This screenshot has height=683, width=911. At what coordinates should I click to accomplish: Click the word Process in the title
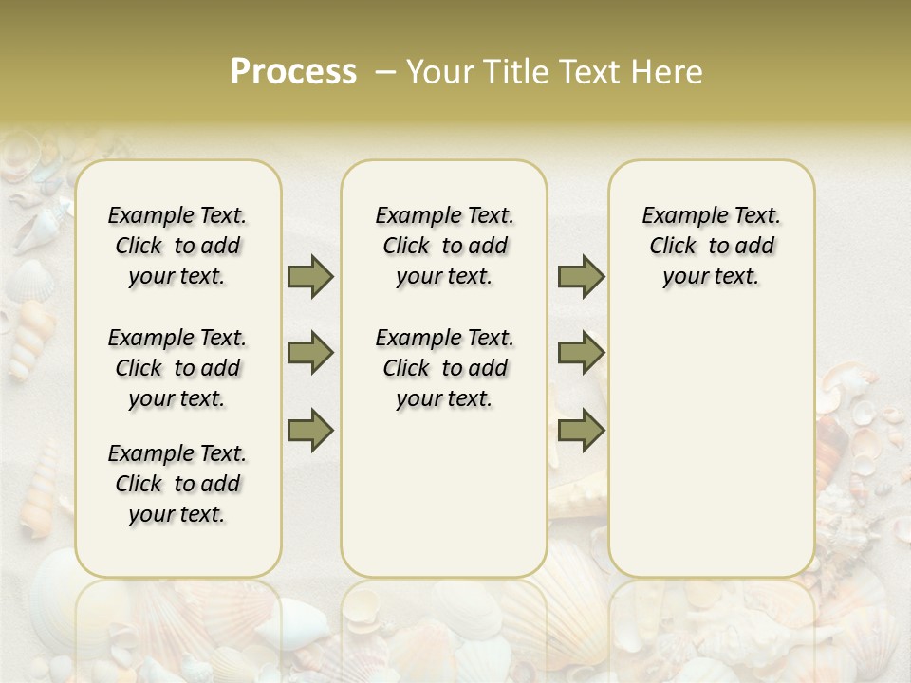293,72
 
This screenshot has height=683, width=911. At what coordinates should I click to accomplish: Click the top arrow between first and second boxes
310,277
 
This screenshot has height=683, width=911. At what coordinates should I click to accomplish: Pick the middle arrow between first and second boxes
310,354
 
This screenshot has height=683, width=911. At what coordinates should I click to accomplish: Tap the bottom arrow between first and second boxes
310,430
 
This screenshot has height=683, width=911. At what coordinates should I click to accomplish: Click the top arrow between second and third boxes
581,277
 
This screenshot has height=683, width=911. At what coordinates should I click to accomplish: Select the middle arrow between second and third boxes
581,354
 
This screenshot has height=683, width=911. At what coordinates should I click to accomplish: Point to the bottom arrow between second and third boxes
581,430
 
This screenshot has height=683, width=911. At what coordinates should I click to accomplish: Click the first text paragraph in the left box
177,246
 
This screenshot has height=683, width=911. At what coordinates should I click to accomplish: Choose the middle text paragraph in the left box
177,368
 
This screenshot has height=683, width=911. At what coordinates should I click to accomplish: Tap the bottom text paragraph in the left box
177,484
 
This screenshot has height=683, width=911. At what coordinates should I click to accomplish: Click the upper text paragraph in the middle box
445,246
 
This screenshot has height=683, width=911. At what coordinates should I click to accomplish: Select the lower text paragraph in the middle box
445,368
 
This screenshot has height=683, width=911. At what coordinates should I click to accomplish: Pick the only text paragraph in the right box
712,246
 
